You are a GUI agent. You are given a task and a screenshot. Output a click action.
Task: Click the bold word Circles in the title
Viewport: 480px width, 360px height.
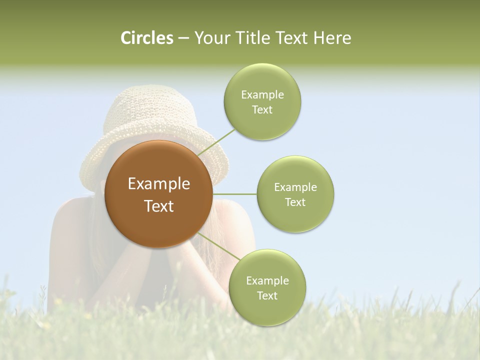[x=147, y=38]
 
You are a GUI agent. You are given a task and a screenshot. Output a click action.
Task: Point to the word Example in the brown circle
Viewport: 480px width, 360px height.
[x=159, y=184]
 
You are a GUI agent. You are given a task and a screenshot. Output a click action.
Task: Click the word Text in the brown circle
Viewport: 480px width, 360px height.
[x=159, y=206]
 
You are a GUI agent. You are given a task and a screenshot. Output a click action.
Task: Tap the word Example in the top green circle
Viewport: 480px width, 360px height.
[x=262, y=95]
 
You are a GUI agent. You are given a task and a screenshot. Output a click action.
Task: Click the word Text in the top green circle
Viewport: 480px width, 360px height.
[x=262, y=110]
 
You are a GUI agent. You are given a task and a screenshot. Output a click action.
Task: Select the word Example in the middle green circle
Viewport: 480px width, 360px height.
[x=295, y=187]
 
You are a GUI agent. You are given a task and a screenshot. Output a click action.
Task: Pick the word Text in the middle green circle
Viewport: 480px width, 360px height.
[x=295, y=202]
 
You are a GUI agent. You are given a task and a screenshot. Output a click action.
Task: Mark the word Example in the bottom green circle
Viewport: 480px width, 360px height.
[x=267, y=281]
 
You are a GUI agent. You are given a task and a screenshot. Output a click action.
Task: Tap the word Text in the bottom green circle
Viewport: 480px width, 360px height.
[x=267, y=296]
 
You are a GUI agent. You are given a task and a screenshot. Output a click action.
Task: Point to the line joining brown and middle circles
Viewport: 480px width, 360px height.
[x=234, y=194]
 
